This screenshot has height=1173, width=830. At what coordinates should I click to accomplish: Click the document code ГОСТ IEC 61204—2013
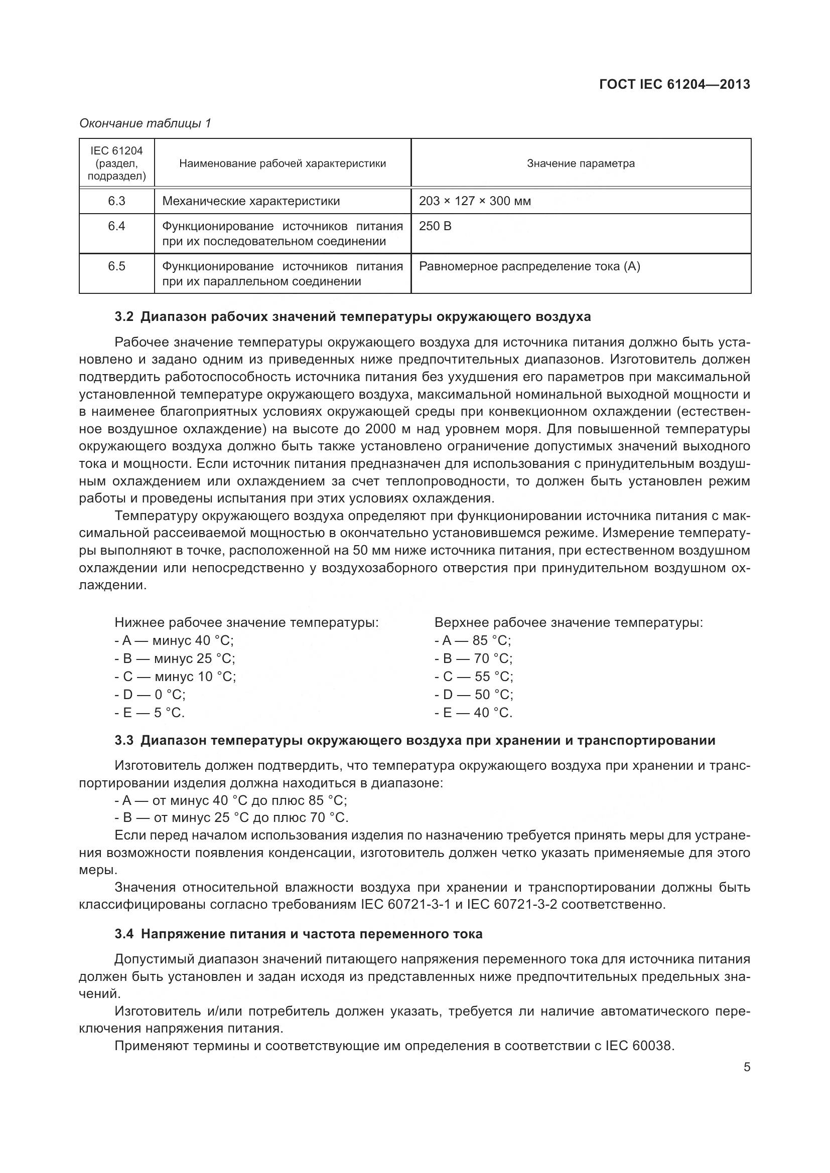click(x=674, y=84)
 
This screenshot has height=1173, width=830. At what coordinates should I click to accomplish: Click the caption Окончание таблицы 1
click(x=145, y=123)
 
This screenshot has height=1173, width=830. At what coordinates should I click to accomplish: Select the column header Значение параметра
click(x=581, y=163)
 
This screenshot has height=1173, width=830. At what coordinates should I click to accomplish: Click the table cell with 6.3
click(x=116, y=201)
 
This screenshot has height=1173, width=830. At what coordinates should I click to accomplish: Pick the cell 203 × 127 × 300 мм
click(x=475, y=201)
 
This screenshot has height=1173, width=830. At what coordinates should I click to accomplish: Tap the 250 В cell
click(x=435, y=226)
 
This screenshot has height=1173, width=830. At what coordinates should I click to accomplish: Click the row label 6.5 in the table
click(x=116, y=266)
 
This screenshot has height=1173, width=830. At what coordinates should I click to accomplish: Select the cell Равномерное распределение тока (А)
click(x=529, y=266)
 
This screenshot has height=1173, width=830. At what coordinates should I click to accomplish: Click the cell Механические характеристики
click(x=251, y=201)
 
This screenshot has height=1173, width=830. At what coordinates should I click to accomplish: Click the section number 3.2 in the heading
click(x=123, y=317)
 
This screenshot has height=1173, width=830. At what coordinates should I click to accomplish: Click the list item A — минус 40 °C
click(x=174, y=640)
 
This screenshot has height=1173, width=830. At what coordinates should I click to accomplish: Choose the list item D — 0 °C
click(x=150, y=694)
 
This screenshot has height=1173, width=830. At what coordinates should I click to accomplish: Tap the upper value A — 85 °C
click(x=473, y=640)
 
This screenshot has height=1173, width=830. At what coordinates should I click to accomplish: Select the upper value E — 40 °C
click(x=473, y=712)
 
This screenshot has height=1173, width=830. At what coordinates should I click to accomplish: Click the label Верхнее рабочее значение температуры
click(x=569, y=622)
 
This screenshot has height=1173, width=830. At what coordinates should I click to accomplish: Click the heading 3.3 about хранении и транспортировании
click(x=414, y=740)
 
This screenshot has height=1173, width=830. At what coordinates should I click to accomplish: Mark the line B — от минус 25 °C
click(x=231, y=817)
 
